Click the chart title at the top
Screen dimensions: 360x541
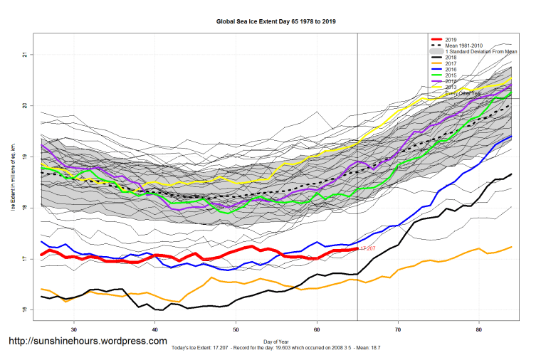[x=275, y=22]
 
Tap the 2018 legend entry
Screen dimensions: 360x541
[x=451, y=58]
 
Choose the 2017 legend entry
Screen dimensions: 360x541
[x=451, y=64]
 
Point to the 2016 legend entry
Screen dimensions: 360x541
[x=451, y=70]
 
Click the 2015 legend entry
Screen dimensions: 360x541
[x=451, y=75]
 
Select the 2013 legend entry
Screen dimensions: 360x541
[x=451, y=87]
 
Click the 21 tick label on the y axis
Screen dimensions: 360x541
[x=24, y=55]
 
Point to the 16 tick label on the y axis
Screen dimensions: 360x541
[x=24, y=310]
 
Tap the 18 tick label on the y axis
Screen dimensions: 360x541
[x=24, y=208]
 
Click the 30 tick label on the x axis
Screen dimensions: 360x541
[x=74, y=330]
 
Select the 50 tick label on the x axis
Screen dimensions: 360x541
[x=236, y=330]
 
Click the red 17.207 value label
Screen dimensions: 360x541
[x=368, y=248]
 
